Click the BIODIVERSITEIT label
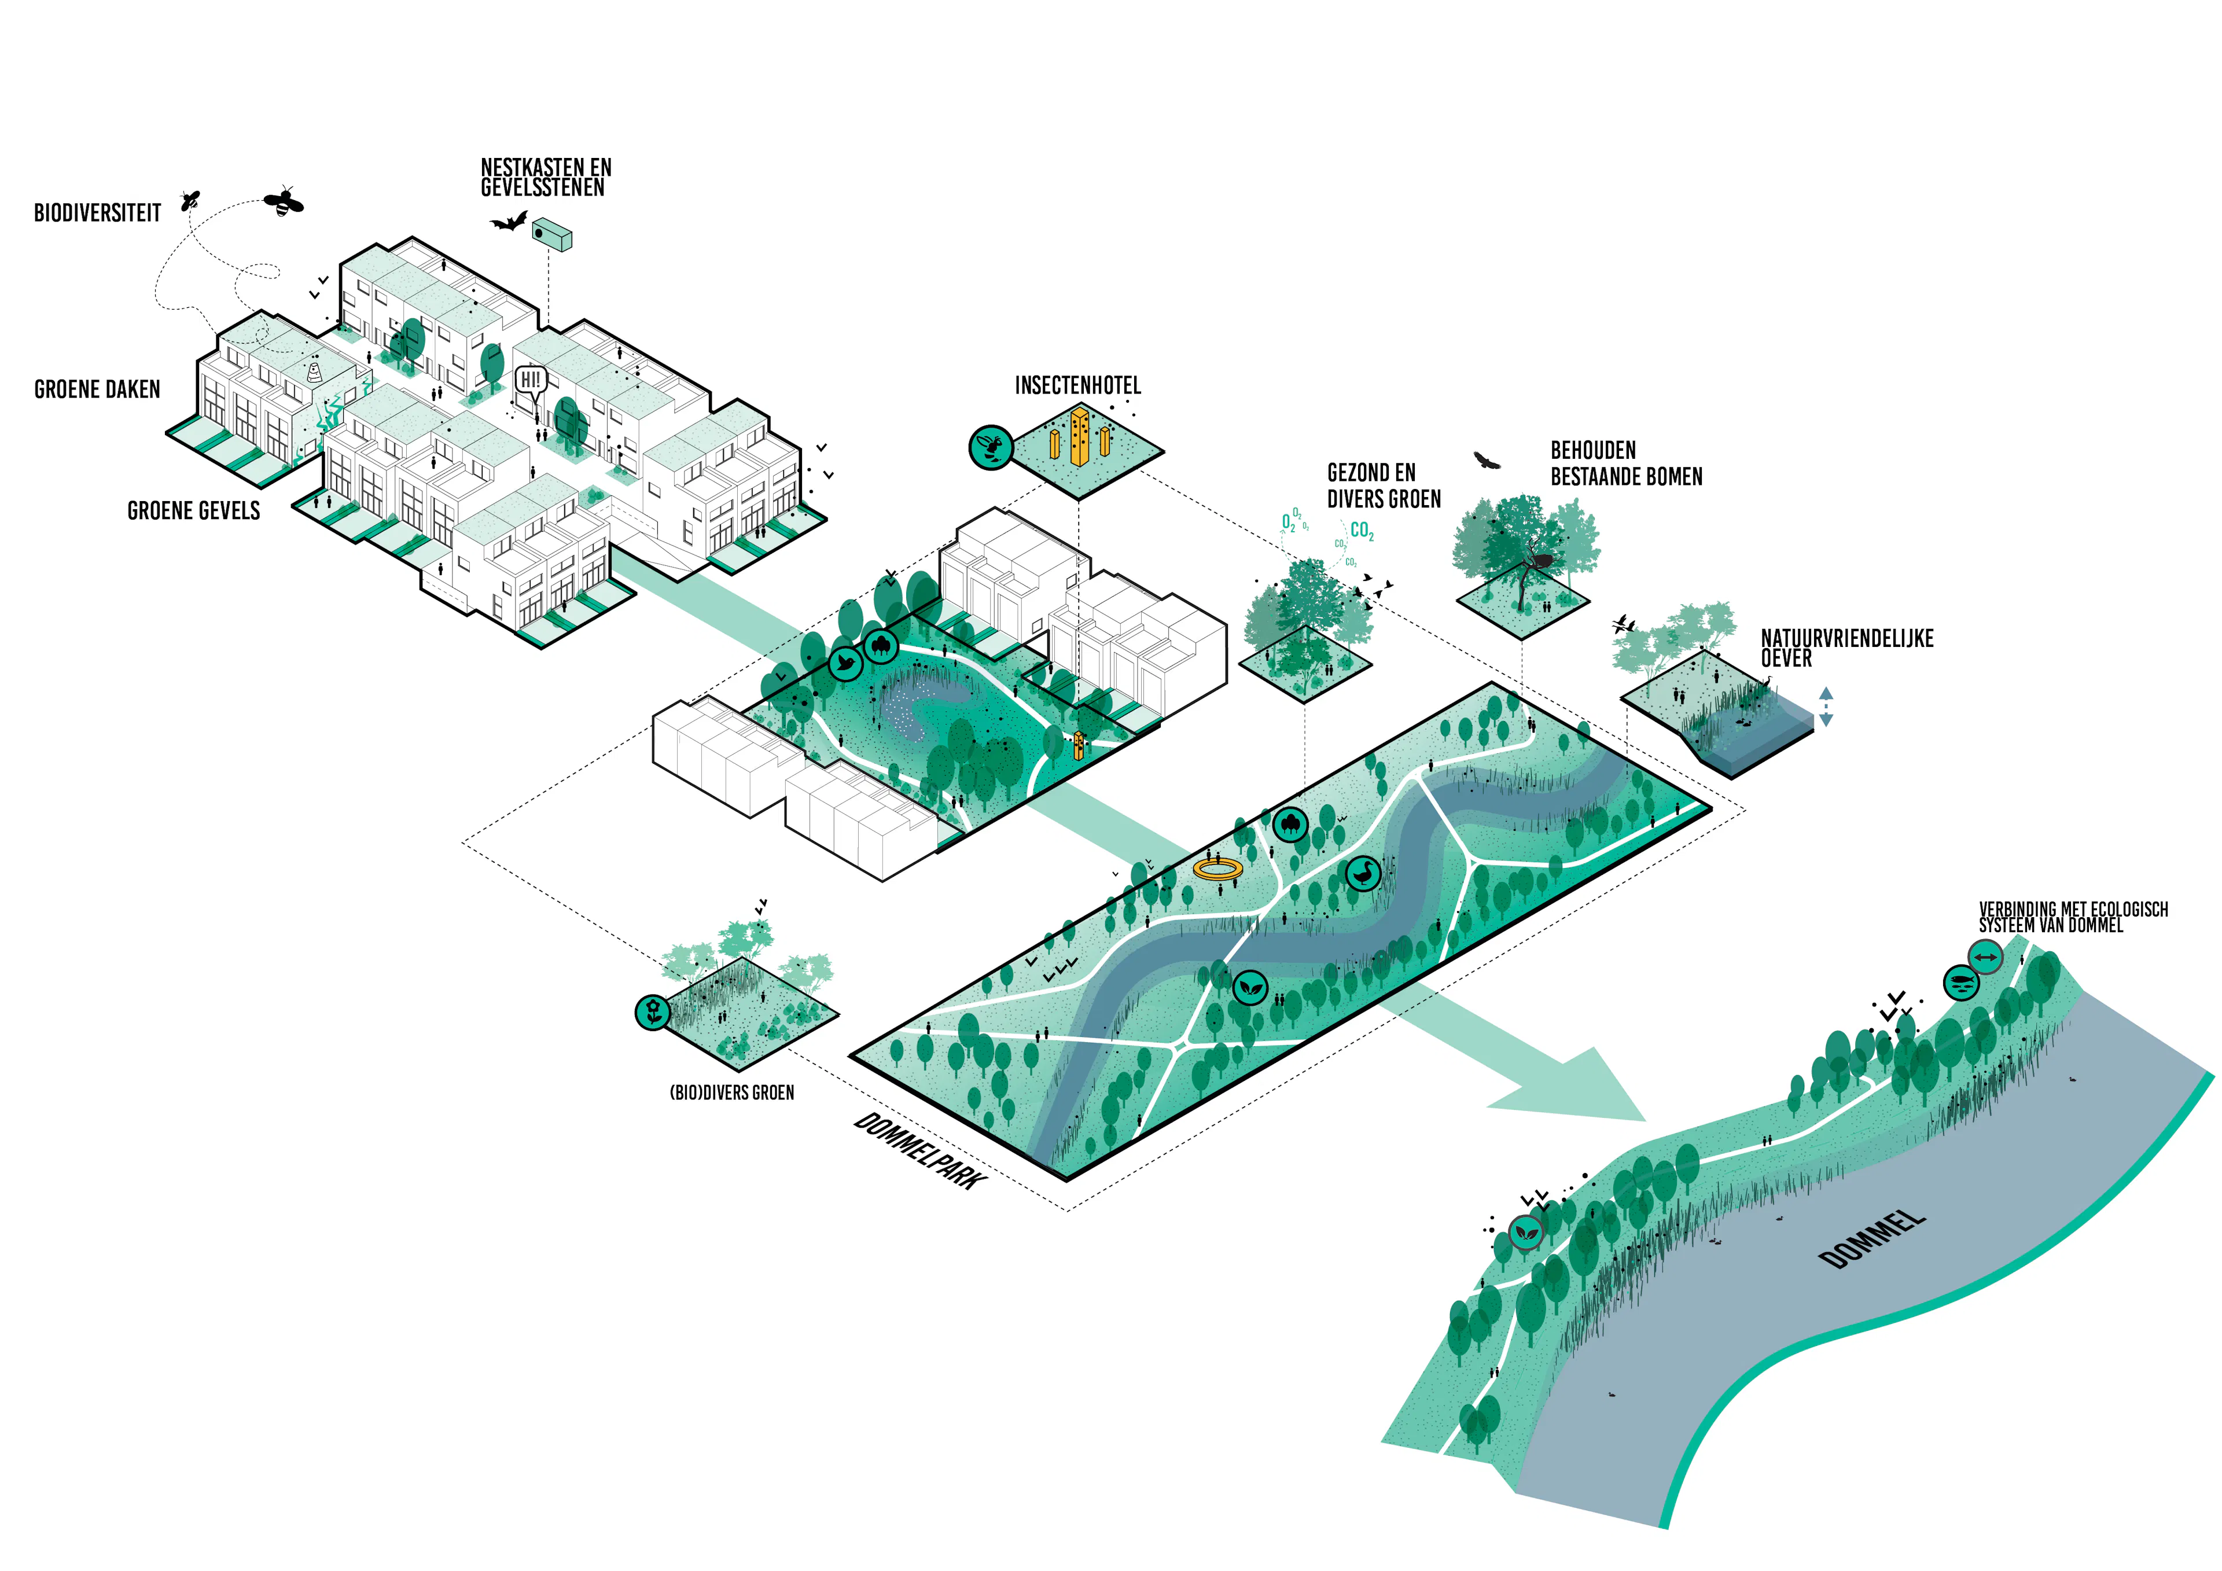pos(98,213)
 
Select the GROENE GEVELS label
pos(193,511)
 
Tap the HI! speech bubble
pos(531,380)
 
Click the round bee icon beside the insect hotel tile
pos(991,447)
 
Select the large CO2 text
pos(1362,531)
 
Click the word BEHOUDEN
pos(1593,450)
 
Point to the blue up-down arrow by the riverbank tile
pos(1825,707)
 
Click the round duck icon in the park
pos(1364,874)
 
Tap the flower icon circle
pos(653,1013)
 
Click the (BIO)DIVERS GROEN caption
pos(731,1093)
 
